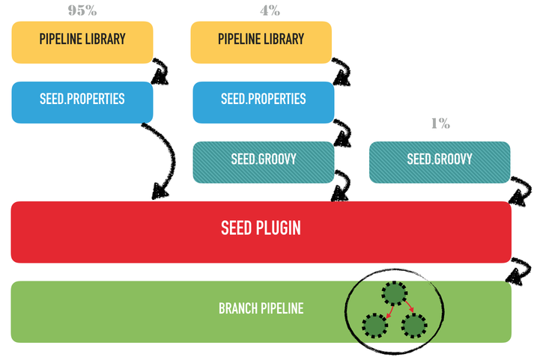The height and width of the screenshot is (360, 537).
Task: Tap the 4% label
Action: (x=270, y=10)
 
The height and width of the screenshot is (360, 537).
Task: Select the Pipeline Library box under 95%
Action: (x=82, y=40)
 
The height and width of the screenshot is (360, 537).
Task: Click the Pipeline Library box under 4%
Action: (x=261, y=40)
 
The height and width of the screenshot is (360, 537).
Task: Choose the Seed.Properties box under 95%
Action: (x=82, y=100)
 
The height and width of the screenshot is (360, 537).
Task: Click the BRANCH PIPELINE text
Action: (x=261, y=308)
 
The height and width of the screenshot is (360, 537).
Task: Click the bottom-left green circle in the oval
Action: (x=375, y=326)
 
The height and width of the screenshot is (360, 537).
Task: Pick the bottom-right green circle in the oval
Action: (x=414, y=326)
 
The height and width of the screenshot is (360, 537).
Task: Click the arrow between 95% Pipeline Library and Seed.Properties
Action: (x=161, y=71)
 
